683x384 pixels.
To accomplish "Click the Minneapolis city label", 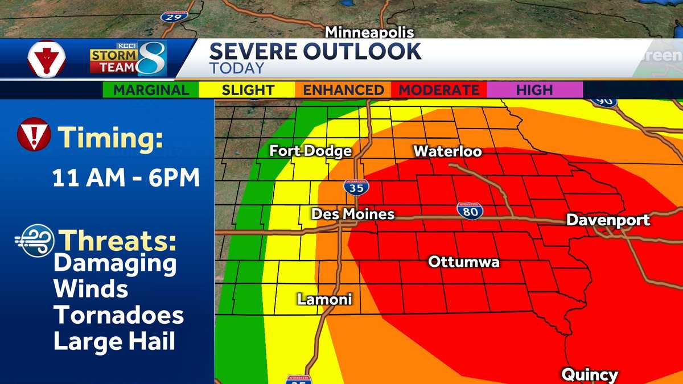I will [369, 32].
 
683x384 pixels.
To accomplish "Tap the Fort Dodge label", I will [310, 151].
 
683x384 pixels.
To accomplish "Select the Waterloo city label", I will [447, 151].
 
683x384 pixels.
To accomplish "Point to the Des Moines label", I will [353, 214].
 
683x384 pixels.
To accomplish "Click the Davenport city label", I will [608, 220].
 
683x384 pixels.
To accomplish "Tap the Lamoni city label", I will [324, 299].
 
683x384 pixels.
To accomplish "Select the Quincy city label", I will [589, 375].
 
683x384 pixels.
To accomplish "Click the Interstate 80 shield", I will [470, 210].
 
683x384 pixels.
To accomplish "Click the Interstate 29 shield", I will [174, 16].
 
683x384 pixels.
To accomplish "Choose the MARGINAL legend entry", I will [151, 90].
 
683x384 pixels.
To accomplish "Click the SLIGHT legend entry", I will [248, 90].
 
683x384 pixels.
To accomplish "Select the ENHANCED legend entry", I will [343, 90].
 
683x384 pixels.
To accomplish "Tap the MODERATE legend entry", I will [439, 90].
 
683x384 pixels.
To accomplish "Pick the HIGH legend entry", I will [534, 90].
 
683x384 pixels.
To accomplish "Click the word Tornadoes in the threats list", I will [118, 315].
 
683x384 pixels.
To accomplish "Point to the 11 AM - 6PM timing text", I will [126, 178].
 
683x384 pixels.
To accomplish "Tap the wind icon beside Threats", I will [35, 240].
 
